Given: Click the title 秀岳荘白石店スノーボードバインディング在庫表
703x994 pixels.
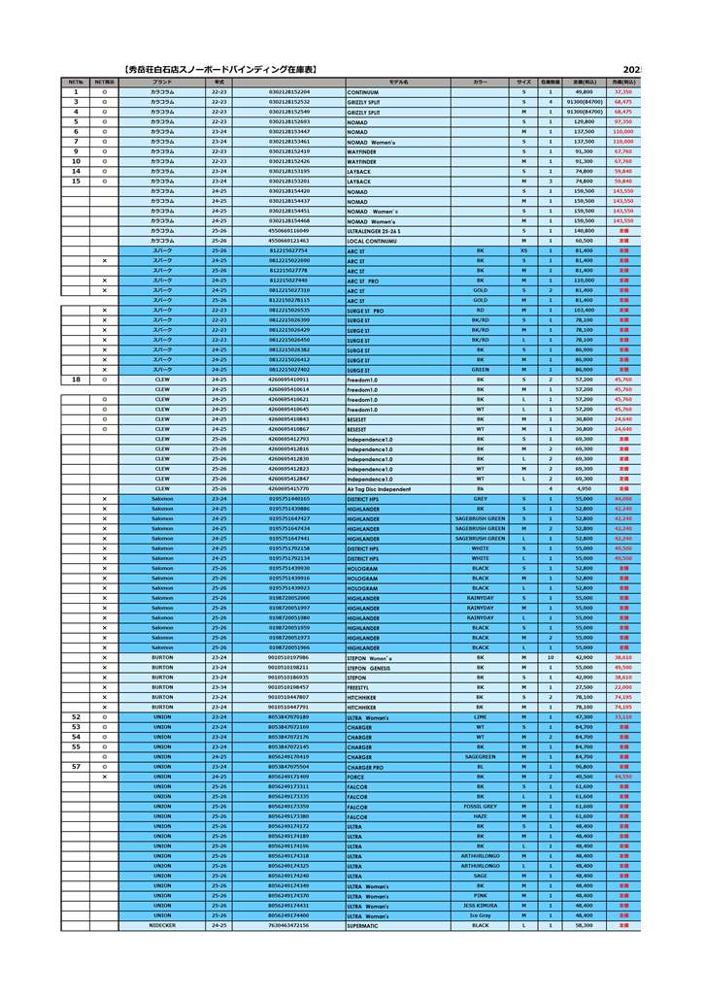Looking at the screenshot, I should coord(222,70).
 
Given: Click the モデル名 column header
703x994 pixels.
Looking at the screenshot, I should coord(398,83).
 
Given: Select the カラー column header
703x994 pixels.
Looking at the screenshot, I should coord(481,83).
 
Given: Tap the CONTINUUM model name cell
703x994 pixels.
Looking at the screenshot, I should coord(363,92).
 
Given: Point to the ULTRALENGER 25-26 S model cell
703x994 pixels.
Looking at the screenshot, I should coord(374,231).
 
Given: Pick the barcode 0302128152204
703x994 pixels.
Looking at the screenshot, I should coord(289,91).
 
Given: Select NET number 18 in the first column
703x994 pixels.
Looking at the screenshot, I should coord(76,380).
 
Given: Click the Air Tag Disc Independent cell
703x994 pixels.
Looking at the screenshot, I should coord(379,489).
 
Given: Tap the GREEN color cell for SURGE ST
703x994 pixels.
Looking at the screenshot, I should coord(481,370).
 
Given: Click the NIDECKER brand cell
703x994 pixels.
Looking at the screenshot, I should coord(162,926).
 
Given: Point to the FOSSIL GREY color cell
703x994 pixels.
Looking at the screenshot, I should coord(481,807).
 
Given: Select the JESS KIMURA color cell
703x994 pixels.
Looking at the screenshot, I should coord(481,906).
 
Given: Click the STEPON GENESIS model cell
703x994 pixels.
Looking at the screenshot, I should coord(369,668).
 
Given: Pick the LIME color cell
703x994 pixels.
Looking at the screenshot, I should coord(481,717).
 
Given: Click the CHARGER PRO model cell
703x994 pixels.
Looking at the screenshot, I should coord(365,767).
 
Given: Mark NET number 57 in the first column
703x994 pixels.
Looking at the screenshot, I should coord(76,767).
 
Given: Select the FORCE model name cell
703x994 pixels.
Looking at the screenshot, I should coord(356,777).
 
